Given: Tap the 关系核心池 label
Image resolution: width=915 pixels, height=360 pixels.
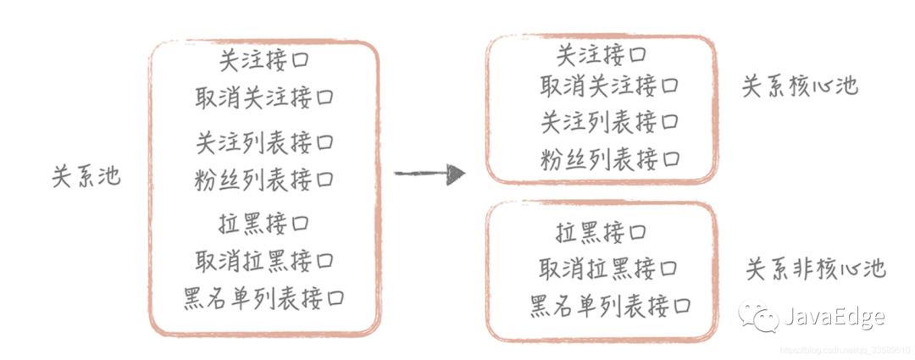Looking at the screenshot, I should point(800,87).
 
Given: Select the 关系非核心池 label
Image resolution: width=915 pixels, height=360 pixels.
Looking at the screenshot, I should point(815,270).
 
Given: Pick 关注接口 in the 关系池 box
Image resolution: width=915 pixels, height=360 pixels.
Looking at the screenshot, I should point(263,61).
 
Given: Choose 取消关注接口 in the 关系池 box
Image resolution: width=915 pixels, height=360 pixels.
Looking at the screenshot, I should point(263,97).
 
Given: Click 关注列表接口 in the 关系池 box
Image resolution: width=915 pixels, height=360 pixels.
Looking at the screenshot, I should point(263,141).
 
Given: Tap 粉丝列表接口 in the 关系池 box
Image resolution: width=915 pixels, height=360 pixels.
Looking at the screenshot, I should point(263,179).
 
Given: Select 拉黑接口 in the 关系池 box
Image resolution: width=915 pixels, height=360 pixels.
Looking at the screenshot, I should point(263,224).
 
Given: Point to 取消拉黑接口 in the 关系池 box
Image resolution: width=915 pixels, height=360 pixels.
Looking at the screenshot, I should point(263,260).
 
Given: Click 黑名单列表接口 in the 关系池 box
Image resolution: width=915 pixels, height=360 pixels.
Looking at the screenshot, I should point(263,298).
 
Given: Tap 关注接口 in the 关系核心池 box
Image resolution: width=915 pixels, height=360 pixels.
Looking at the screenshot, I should point(602,57).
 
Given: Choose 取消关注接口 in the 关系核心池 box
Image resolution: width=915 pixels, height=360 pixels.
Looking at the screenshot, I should point(609,86).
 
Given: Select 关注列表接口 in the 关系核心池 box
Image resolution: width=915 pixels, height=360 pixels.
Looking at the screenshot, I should point(609,122).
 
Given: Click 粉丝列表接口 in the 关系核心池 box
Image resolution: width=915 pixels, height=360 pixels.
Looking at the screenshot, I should point(609,158).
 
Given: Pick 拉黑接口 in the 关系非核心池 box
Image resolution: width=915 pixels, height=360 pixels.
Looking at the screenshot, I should point(601,231).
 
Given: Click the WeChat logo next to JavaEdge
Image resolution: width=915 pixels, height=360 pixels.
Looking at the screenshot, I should point(757,317).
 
